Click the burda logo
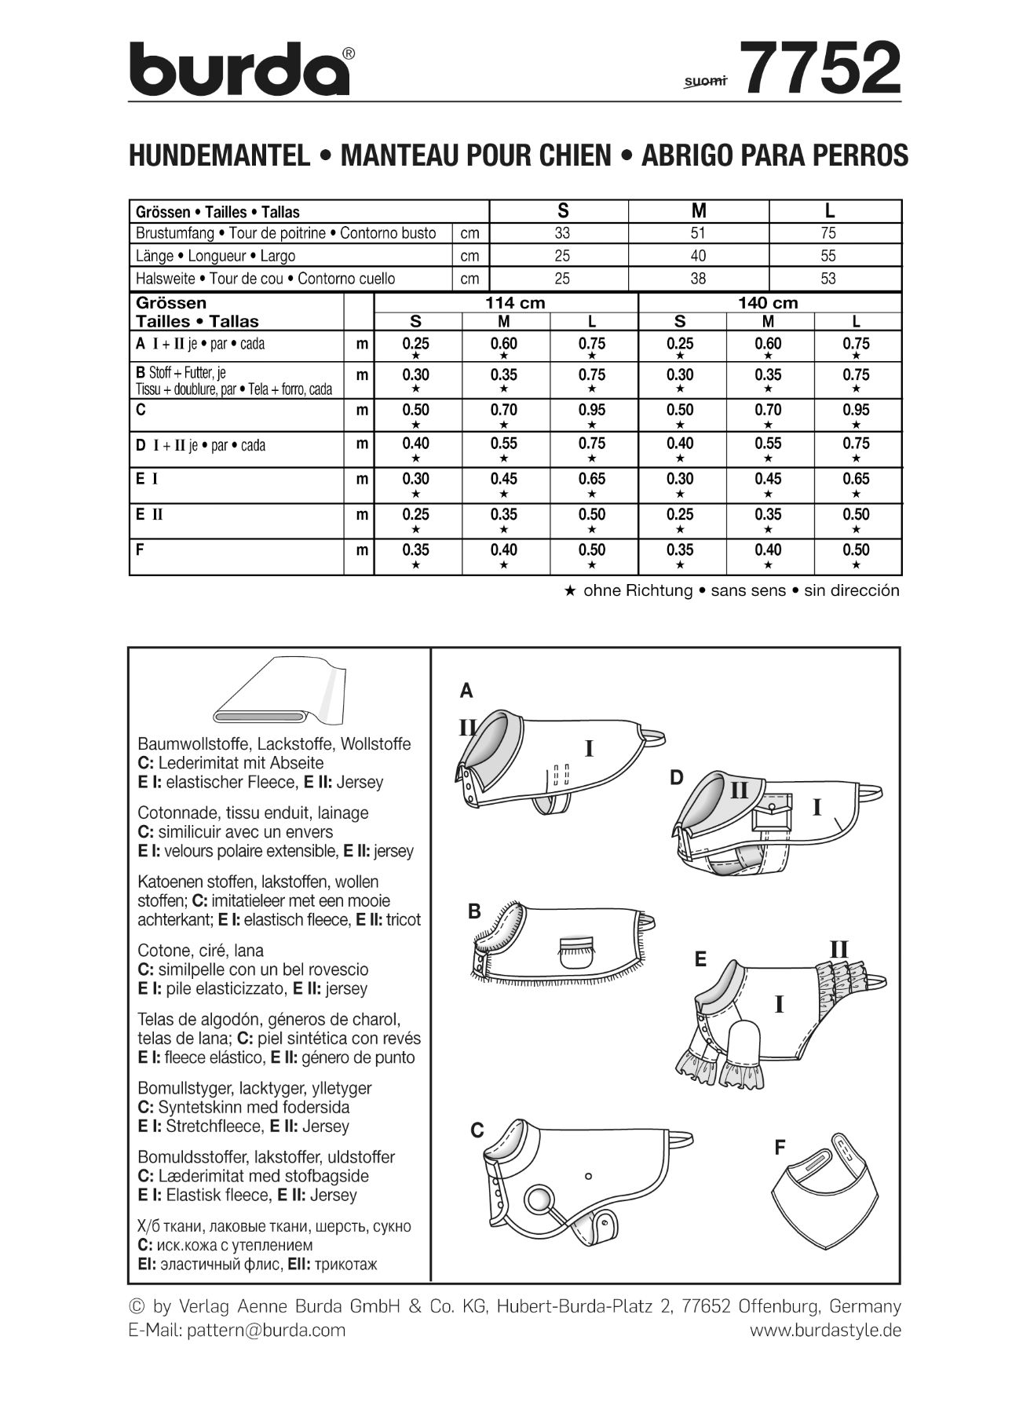[240, 69]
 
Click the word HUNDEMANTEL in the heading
[219, 155]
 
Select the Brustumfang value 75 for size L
[828, 233]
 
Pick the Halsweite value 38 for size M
[698, 278]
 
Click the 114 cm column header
[515, 303]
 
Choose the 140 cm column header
[768, 303]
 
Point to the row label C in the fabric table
[141, 410]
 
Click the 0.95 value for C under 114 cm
[591, 410]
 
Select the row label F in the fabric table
[140, 549]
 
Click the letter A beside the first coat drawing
[466, 691]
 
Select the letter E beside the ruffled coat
[700, 958]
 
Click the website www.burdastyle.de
[825, 1330]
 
